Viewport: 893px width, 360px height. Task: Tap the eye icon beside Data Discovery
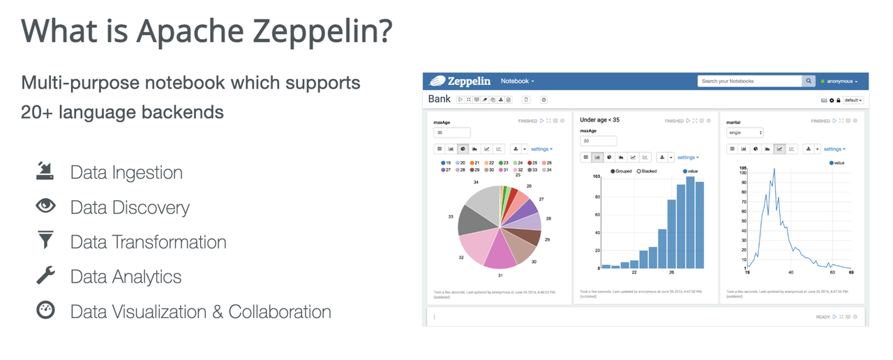pos(45,207)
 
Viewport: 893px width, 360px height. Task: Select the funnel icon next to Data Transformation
pos(45,241)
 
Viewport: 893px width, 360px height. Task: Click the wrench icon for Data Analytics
pos(45,276)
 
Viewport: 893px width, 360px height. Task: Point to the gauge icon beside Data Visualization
pos(45,310)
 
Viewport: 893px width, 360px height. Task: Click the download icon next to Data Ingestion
pos(45,172)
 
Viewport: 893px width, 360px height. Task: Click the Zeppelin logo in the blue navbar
pos(460,81)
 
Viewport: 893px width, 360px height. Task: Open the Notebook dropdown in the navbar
pos(518,81)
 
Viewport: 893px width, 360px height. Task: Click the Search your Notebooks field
pos(749,81)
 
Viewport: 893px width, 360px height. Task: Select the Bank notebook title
pos(440,100)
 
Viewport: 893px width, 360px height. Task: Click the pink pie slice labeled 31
pos(500,253)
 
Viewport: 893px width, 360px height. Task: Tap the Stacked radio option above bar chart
pos(648,171)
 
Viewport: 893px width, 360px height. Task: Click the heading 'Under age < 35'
pos(600,120)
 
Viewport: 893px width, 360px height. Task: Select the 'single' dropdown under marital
pos(744,133)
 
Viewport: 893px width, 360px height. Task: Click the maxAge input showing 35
pos(452,133)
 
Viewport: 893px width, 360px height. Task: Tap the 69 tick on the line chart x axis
pos(851,273)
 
